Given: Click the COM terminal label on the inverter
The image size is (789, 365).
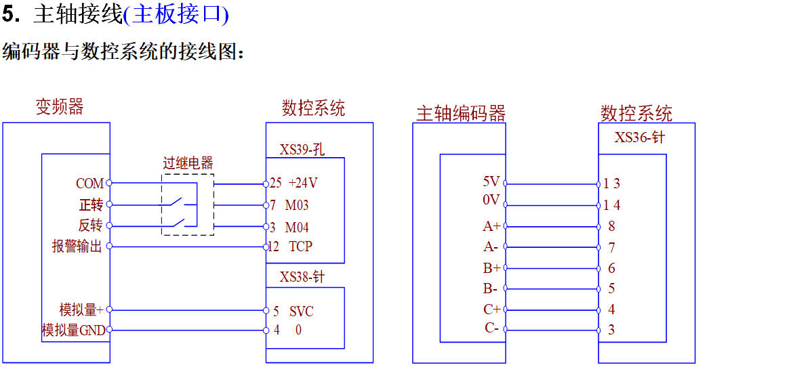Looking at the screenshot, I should (89, 184).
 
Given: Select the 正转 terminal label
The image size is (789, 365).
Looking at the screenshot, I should (91, 205).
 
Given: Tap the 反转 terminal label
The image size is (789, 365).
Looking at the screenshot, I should (91, 226).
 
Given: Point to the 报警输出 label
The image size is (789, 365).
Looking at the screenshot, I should (77, 246).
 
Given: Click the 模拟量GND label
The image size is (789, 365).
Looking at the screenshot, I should (73, 330).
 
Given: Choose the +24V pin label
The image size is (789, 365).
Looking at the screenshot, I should (303, 184).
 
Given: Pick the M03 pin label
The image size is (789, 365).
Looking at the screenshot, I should (297, 205).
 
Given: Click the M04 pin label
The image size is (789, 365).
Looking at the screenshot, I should (297, 227).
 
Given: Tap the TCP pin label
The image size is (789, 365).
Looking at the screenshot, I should (300, 246).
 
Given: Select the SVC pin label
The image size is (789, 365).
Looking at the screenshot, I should (302, 312).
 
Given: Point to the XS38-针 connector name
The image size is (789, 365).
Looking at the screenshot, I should (302, 277).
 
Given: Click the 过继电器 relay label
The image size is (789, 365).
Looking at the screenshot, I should (188, 163).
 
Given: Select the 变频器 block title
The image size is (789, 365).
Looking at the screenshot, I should (60, 107).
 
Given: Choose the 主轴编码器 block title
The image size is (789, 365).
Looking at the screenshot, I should (461, 113).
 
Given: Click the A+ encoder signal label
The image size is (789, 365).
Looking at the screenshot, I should (491, 227).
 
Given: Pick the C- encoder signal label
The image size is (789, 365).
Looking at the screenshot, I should (491, 328).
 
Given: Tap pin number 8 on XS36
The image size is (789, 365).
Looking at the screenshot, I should (611, 227).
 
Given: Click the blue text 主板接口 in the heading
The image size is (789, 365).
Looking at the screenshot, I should (177, 14).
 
